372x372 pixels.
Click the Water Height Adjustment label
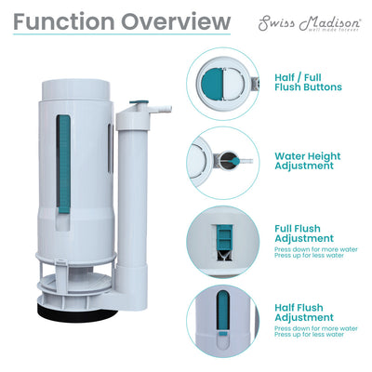click(x=312, y=161)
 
